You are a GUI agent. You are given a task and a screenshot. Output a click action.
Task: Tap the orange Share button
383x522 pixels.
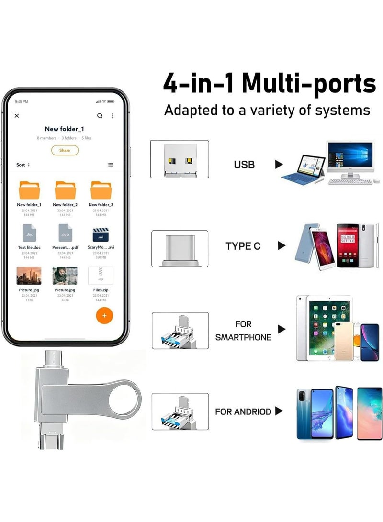[x=65, y=150]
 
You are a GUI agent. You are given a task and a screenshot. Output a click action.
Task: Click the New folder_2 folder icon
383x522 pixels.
[x=65, y=190]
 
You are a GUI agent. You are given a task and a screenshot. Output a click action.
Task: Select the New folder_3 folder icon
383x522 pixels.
[x=101, y=190]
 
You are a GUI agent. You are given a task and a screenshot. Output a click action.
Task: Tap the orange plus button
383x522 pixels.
[x=104, y=315]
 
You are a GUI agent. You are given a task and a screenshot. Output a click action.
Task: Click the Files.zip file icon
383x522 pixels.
[x=101, y=276]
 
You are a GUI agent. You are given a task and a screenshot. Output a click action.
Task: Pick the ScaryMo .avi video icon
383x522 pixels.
[x=101, y=234]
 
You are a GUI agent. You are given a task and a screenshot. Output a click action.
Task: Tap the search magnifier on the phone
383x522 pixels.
[x=100, y=116]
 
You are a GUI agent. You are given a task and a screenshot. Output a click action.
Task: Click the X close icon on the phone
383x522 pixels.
[x=17, y=116]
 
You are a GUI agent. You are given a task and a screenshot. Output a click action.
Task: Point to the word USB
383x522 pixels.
[x=244, y=165]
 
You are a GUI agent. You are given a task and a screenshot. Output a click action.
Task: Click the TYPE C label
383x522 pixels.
[x=243, y=246]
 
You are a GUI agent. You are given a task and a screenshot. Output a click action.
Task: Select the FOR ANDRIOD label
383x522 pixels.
[x=243, y=411]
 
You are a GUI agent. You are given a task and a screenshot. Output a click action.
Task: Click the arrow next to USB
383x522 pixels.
[x=279, y=165]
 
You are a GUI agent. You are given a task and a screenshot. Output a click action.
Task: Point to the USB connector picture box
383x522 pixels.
[x=180, y=159]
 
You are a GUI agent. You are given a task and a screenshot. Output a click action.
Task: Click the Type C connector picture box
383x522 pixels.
[x=180, y=248]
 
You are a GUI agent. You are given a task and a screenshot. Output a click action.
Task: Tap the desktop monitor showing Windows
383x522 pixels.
[x=350, y=157]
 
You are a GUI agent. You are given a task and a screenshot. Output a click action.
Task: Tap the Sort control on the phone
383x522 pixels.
[x=23, y=165]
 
